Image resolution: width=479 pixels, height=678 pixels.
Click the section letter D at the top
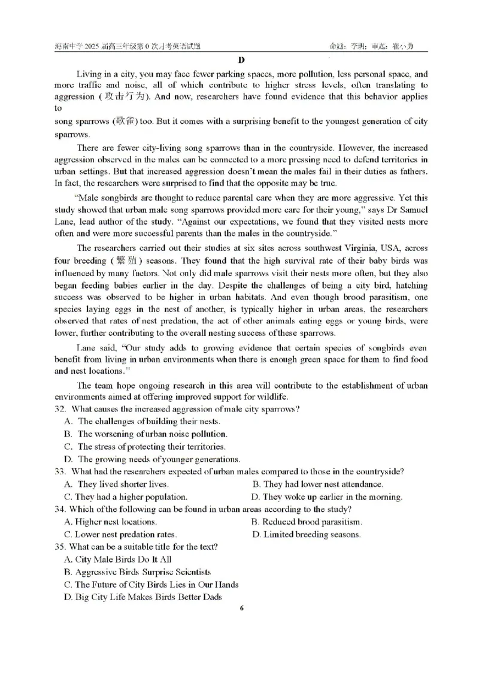click(241, 59)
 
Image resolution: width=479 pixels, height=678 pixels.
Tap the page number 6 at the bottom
click(241, 608)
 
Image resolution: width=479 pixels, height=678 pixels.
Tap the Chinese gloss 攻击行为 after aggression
click(122, 96)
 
